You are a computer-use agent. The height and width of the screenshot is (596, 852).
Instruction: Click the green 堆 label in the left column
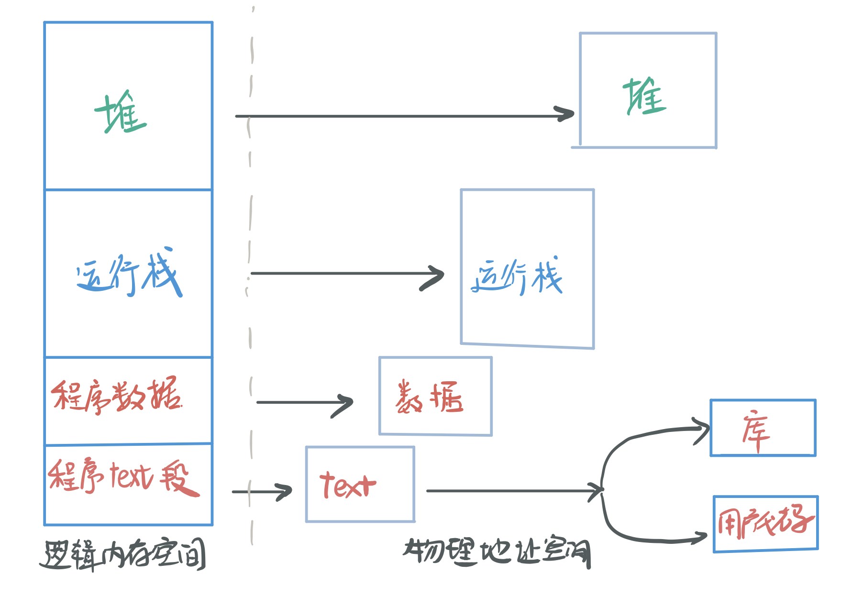point(121,113)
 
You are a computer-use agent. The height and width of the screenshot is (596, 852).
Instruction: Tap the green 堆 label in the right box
point(644,97)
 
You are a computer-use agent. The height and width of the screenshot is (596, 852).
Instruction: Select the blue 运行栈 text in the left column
point(129,273)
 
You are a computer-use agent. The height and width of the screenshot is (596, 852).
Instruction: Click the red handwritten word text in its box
point(348,485)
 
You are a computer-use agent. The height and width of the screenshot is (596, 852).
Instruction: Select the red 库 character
point(756,430)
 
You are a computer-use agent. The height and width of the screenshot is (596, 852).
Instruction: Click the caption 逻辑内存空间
point(122,555)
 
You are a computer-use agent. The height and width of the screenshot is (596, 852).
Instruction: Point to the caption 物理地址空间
point(498,552)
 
